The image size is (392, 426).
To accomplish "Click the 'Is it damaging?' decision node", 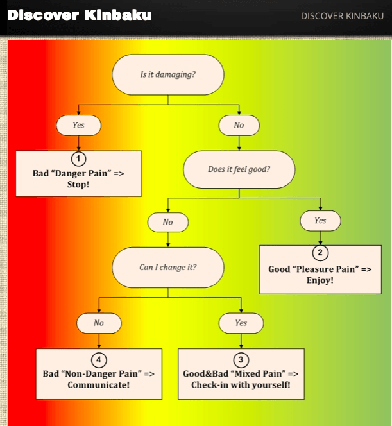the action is [x=168, y=74].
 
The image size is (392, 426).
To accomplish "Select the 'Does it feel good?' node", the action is [x=239, y=169].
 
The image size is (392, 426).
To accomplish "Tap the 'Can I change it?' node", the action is [x=168, y=268].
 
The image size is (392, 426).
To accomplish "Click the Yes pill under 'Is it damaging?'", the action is [x=78, y=125].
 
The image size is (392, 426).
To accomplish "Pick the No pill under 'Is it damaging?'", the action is [x=239, y=125].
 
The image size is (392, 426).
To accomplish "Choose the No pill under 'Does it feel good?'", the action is [x=168, y=222].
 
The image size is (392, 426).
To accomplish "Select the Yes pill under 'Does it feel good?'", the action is [x=320, y=221].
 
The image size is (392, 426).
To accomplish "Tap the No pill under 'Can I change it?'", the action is [x=99, y=323].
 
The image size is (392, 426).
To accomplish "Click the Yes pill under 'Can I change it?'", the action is [x=241, y=323].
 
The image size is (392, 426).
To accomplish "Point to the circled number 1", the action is [x=78, y=158].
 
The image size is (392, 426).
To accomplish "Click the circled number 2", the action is [x=320, y=253].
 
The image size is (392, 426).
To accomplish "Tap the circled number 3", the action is [x=241, y=360].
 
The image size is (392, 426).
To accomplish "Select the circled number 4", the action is [x=99, y=360].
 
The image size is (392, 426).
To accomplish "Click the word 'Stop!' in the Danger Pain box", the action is [x=78, y=185].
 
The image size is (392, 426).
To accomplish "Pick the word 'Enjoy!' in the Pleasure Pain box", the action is [x=320, y=280].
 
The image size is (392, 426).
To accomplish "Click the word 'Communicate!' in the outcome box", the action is [x=99, y=385].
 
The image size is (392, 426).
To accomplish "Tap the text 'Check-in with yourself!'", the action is [x=241, y=385].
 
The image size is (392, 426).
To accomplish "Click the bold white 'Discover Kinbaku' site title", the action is [x=80, y=15].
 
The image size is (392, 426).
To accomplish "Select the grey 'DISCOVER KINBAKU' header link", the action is [x=343, y=16].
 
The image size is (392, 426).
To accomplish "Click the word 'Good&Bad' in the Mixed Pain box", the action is [x=206, y=374].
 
